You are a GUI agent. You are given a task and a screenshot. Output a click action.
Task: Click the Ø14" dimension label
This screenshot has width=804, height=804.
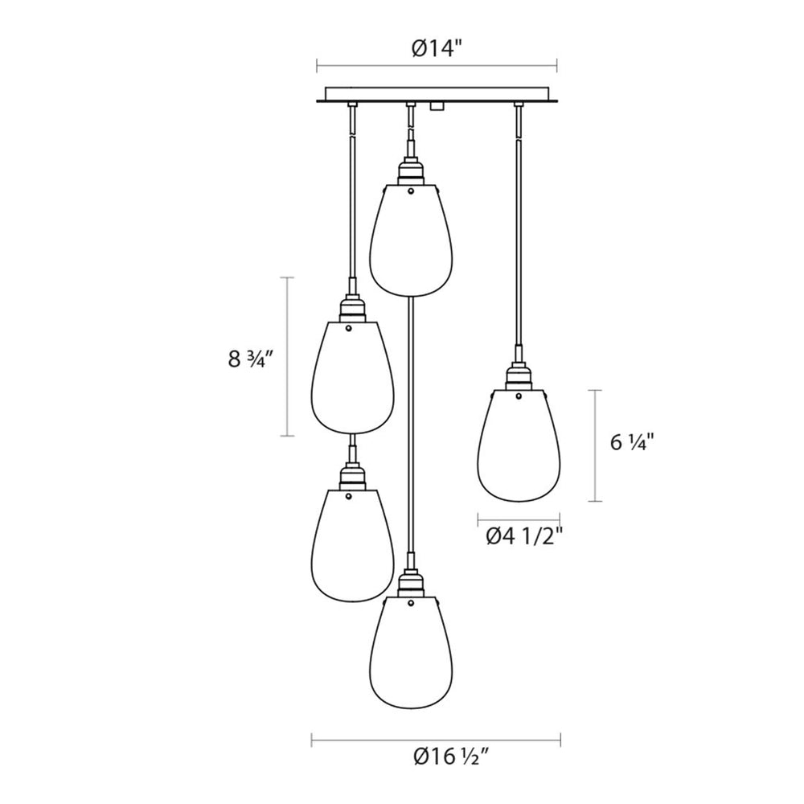click(x=437, y=49)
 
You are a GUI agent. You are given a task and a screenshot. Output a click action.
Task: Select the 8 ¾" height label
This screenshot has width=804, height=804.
click(x=249, y=359)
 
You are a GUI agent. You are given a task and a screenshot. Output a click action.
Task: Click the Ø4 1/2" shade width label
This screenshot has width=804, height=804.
click(x=524, y=537)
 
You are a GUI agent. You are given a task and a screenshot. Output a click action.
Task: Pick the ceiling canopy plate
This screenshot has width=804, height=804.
click(x=437, y=94)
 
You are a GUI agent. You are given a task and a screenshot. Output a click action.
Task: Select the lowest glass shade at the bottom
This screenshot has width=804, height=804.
click(x=411, y=653)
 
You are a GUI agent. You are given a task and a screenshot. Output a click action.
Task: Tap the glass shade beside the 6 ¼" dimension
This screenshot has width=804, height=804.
click(x=519, y=445)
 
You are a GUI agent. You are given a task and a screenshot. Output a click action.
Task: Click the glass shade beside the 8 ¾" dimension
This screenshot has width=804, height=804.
click(x=353, y=377)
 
